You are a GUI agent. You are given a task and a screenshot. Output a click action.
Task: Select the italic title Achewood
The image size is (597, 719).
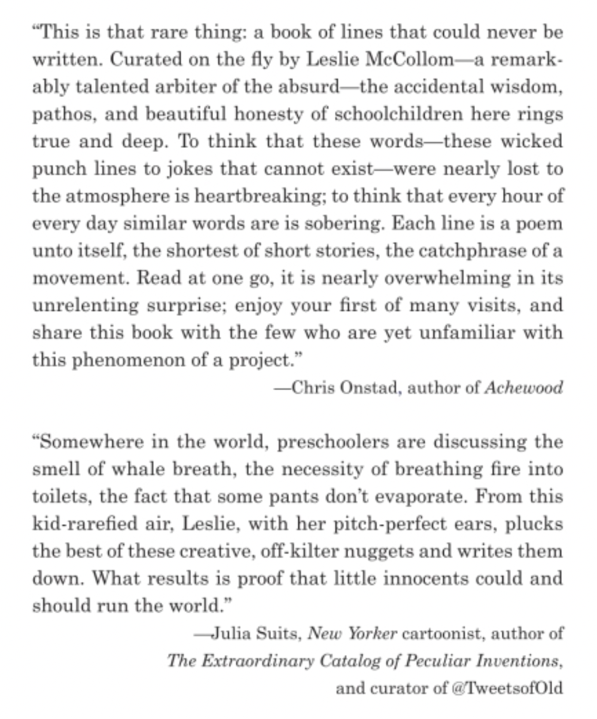point(523,388)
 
